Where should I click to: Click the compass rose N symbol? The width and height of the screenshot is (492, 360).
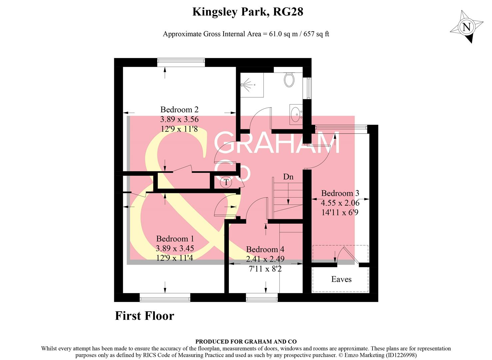point(467,27)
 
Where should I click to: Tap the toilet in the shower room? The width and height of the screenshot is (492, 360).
point(289,80)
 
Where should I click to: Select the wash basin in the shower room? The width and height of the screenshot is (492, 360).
point(295,114)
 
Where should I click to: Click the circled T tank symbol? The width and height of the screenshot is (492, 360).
point(227,182)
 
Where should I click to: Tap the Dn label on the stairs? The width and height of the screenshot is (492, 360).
point(288,177)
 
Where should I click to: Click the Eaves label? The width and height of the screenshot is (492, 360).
point(341,279)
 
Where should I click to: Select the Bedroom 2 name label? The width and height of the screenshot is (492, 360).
point(179,110)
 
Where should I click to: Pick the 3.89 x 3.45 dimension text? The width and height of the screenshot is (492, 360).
point(175,248)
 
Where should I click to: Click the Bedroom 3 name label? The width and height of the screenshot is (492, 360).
point(340,193)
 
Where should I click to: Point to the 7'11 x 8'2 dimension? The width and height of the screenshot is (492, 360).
point(265,268)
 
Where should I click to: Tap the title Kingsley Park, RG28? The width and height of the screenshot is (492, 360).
point(247,12)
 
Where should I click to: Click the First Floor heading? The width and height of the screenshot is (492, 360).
point(145,316)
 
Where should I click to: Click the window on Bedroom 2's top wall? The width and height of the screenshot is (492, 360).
point(181,61)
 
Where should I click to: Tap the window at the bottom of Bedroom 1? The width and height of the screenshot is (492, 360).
point(165,297)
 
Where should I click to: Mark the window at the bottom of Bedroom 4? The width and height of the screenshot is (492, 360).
point(262,297)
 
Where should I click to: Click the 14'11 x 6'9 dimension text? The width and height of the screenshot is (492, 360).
point(340,212)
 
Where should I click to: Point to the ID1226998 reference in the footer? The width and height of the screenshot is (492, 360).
point(401,355)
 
